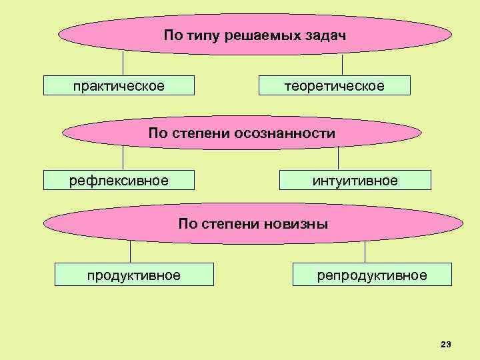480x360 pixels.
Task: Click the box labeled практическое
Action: point(119,86)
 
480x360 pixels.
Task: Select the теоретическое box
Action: point(335,86)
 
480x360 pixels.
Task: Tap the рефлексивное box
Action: point(119,180)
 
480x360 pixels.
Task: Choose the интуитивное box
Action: point(355,180)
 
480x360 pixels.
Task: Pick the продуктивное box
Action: point(134,275)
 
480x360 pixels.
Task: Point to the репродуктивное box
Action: point(372,275)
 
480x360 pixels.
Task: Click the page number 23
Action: point(446,344)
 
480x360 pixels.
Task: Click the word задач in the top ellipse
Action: point(323,34)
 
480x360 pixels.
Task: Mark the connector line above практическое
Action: point(123,63)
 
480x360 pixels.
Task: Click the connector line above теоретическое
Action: point(342,65)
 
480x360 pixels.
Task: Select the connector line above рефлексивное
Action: point(123,157)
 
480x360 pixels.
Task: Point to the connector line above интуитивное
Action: point(339,157)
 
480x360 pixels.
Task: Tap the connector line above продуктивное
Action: point(130,251)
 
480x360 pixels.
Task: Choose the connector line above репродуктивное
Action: point(365,251)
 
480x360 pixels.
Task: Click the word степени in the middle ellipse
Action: point(199,133)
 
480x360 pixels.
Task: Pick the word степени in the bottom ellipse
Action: point(229,223)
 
